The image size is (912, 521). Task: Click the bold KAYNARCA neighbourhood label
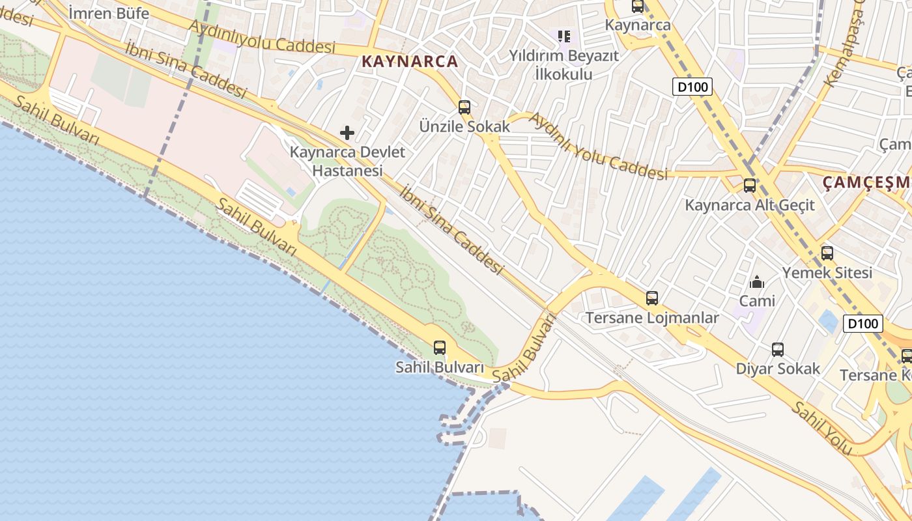[x=410, y=62]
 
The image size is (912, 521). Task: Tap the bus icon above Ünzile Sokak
[x=464, y=107]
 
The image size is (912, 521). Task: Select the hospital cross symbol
[x=347, y=133]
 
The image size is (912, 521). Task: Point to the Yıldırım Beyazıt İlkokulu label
[x=563, y=64]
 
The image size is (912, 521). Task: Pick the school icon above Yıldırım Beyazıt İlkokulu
[x=563, y=36]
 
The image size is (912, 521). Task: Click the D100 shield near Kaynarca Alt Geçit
[x=692, y=87]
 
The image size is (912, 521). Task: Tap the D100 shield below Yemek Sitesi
[x=863, y=323]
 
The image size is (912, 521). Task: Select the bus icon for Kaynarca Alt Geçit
[x=750, y=186]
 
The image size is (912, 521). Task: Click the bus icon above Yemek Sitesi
[x=827, y=253]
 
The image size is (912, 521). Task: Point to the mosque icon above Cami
[x=757, y=282]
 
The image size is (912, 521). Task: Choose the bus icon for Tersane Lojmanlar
[x=652, y=298]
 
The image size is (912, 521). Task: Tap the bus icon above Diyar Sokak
[x=778, y=350]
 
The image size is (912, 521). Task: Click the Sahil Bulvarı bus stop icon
[x=440, y=348]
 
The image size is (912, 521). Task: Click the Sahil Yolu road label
[x=821, y=428]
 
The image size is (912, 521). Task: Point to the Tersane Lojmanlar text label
[x=652, y=318]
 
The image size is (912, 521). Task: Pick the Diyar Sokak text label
[x=778, y=369]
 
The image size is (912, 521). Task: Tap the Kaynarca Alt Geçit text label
[x=750, y=205]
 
